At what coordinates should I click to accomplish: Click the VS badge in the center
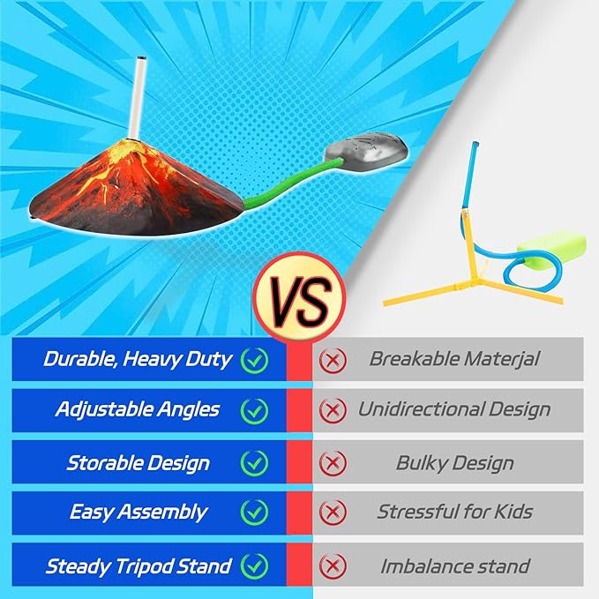click(300, 297)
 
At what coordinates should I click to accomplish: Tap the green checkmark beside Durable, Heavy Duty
click(254, 360)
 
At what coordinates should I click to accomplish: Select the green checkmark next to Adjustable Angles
click(254, 411)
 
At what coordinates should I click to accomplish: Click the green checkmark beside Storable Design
click(254, 462)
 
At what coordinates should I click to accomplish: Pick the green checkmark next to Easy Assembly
click(254, 512)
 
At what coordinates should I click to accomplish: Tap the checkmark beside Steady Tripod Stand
click(254, 565)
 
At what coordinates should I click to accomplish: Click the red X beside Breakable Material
click(333, 360)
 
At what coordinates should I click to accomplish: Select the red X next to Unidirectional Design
click(333, 411)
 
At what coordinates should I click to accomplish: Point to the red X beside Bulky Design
click(333, 462)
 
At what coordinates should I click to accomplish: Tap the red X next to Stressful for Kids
click(333, 512)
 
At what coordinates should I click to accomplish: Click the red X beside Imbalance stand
click(333, 565)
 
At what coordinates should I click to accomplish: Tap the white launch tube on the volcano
click(138, 98)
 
